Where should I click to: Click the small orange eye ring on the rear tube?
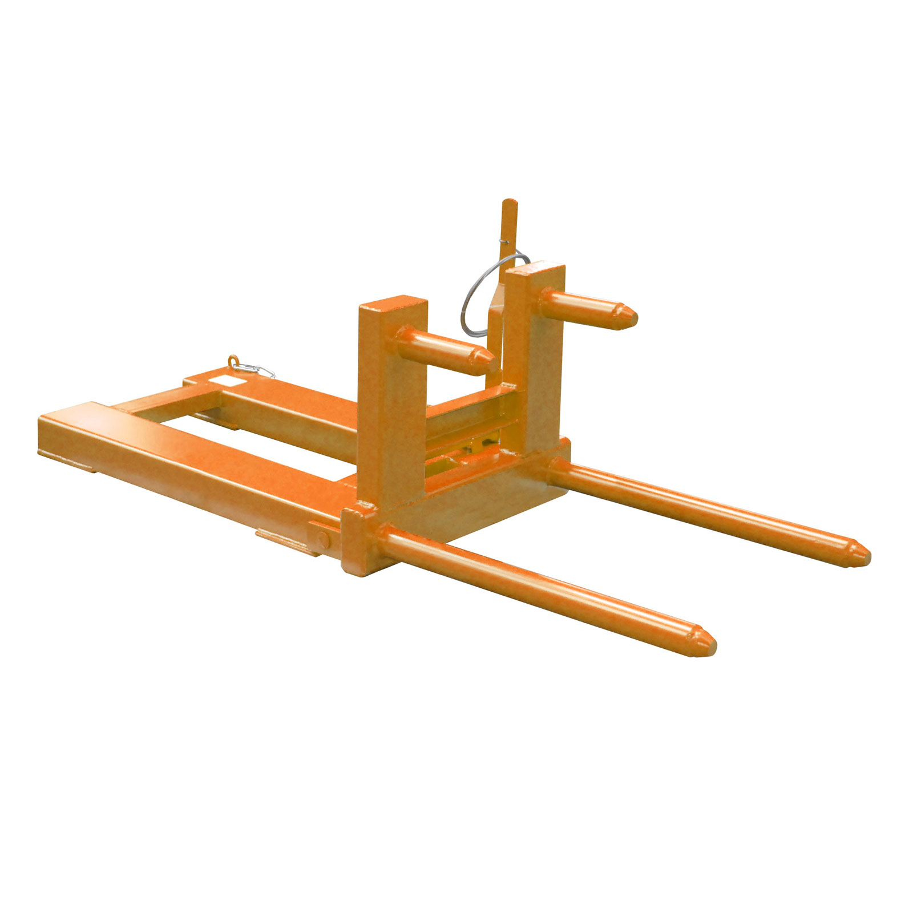coord(233,361)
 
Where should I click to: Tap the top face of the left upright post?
coord(393,303)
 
